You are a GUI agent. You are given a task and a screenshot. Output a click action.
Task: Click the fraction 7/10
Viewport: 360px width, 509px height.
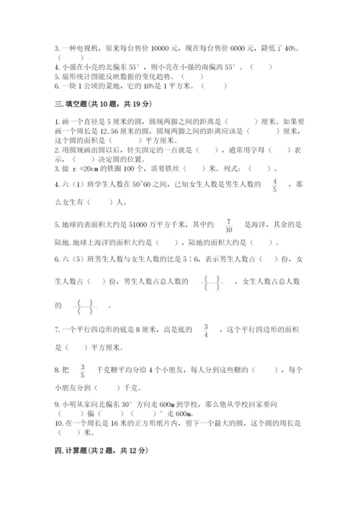[x=229, y=225]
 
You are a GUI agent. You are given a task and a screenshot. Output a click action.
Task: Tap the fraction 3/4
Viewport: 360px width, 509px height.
[x=206, y=330]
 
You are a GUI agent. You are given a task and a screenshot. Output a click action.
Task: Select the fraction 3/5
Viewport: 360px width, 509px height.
[x=83, y=371]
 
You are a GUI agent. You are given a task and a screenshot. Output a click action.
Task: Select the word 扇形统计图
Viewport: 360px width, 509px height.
[x=81, y=75]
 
